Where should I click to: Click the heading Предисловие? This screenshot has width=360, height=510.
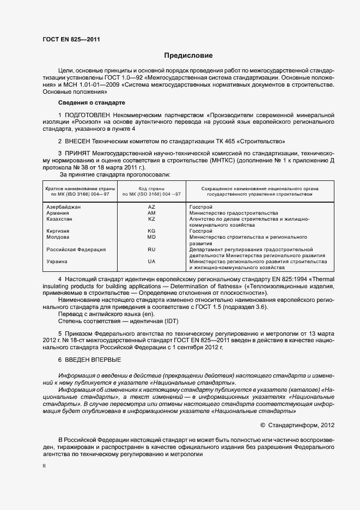tap(189, 56)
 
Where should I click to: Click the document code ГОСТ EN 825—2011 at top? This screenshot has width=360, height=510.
tap(71, 39)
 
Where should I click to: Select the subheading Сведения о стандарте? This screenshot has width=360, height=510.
tap(92, 102)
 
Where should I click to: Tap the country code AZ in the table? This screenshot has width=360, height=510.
tap(151, 207)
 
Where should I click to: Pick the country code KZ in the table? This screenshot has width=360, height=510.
tap(151, 219)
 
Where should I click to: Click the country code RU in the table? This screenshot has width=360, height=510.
tap(151, 250)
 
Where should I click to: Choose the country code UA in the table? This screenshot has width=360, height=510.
tap(151, 262)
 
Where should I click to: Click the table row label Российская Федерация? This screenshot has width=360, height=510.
tap(76, 250)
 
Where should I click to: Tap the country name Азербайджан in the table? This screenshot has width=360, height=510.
tap(64, 207)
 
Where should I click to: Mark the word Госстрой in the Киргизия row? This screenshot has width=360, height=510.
tap(201, 231)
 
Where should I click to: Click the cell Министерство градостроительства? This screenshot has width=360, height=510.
tap(233, 213)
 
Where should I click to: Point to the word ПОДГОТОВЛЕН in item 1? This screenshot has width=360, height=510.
tap(88, 116)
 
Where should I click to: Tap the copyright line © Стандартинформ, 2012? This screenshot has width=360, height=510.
tap(297, 424)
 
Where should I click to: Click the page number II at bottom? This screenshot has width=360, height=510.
tap(44, 466)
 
